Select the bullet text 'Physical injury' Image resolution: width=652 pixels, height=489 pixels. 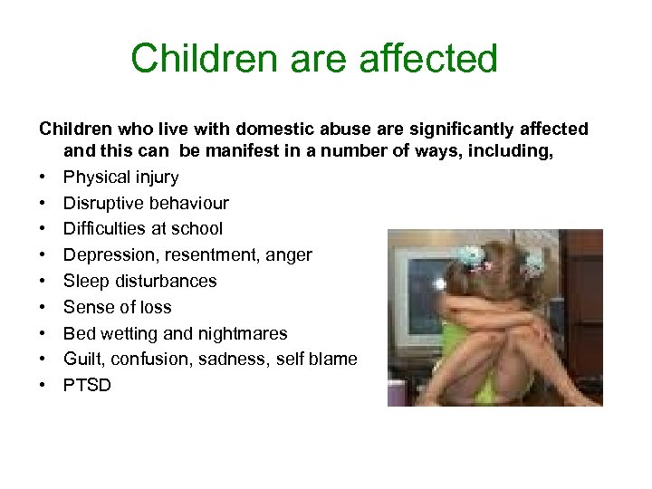[x=120, y=177]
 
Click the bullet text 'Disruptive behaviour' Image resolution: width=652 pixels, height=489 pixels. [x=146, y=203]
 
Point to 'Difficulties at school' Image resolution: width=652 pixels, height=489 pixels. [x=142, y=229]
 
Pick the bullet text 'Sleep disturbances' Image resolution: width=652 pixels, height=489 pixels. [x=139, y=281]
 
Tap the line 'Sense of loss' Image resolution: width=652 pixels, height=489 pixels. [x=117, y=307]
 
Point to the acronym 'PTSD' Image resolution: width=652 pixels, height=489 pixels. [x=87, y=386]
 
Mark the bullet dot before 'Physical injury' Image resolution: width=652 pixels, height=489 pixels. [x=43, y=177]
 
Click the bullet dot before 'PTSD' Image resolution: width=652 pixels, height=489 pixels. [x=43, y=386]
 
